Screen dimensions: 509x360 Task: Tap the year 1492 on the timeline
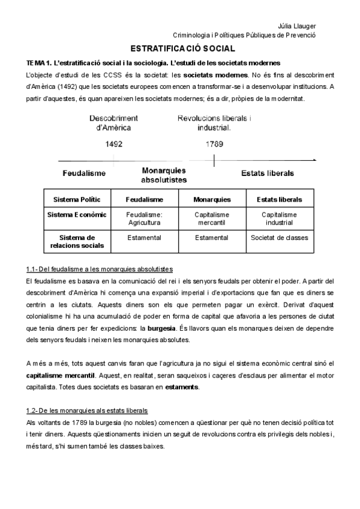114,144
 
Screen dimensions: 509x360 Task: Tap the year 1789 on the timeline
214,144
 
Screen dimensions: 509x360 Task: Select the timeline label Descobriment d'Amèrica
114,122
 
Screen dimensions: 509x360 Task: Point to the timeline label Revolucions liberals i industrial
214,122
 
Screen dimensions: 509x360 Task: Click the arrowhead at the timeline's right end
314,160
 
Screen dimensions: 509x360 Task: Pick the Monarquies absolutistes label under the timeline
164,175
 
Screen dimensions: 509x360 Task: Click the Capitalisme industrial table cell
279,218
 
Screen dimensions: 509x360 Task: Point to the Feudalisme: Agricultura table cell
144,218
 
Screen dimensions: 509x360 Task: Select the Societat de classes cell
279,238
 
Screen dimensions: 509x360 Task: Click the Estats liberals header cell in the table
279,199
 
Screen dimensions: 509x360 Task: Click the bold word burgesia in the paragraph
157,329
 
